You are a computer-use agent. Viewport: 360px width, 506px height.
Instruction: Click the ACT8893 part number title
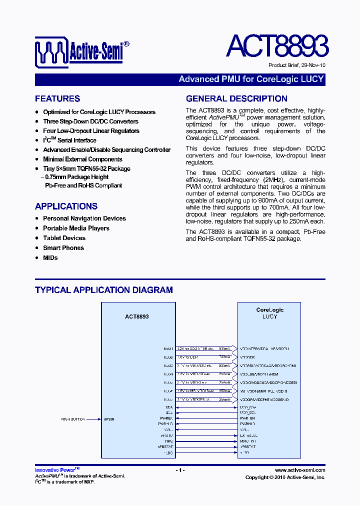pyautogui.click(x=277, y=46)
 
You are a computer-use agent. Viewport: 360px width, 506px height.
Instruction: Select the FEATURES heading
pyautogui.click(x=57, y=99)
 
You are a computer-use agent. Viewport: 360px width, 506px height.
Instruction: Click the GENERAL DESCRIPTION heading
pyautogui.click(x=236, y=99)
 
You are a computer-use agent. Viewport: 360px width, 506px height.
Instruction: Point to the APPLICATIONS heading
pyautogui.click(x=66, y=206)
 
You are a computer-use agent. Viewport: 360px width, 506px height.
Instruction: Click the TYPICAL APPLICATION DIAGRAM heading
pyautogui.click(x=104, y=290)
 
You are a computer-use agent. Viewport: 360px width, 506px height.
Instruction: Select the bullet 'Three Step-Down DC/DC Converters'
pyautogui.click(x=90, y=121)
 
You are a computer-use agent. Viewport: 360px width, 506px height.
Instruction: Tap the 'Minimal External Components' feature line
pyautogui.click(x=82, y=159)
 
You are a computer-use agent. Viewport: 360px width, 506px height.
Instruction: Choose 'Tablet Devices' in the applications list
pyautogui.click(x=64, y=238)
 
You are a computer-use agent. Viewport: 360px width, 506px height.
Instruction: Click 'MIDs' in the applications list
pyautogui.click(x=50, y=257)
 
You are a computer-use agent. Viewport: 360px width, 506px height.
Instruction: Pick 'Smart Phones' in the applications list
pyautogui.click(x=63, y=248)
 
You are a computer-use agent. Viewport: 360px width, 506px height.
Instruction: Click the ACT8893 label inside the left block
pyautogui.click(x=136, y=316)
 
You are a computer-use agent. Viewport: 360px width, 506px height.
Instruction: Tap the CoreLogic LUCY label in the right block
pyautogui.click(x=269, y=313)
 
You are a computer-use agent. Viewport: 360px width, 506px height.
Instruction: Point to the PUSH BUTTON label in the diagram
pyautogui.click(x=73, y=419)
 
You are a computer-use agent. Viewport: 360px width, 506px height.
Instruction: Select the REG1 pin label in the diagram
pyautogui.click(x=168, y=348)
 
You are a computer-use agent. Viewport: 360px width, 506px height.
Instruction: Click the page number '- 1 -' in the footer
pyautogui.click(x=180, y=470)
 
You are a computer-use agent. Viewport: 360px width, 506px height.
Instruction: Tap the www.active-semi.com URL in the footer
pyautogui.click(x=300, y=470)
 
